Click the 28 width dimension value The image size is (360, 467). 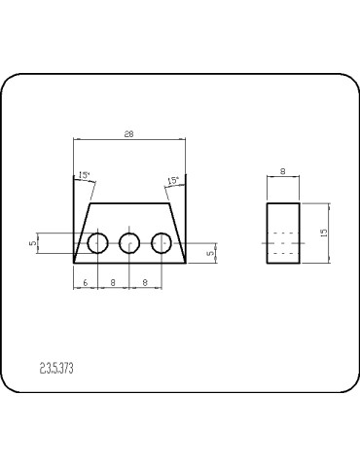129,135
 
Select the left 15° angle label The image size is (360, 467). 85,176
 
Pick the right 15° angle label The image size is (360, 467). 173,181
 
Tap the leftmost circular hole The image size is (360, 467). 97,243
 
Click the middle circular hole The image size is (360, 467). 129,243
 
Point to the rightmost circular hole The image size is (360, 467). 162,243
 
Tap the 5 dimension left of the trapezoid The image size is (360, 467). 32,243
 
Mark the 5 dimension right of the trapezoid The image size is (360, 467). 210,253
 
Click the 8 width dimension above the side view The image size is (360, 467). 282,171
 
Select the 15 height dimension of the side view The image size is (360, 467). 334,232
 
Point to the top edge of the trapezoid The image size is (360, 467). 129,203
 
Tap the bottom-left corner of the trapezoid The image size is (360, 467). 74,263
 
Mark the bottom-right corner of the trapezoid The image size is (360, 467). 186,263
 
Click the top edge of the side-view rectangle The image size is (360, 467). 282,203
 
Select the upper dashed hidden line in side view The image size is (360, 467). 282,233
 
